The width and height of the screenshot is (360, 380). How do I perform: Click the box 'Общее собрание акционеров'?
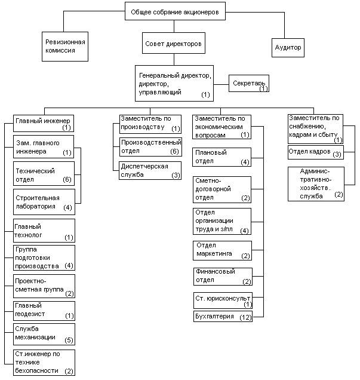175,11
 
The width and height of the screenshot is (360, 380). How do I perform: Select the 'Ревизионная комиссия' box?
66,47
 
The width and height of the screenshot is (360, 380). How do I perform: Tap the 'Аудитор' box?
288,47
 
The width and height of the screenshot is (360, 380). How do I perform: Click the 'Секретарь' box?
250,84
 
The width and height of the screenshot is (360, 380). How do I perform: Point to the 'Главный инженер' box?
44,122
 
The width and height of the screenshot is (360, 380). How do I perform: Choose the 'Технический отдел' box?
44,174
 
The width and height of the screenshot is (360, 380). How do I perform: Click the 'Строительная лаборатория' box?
44,202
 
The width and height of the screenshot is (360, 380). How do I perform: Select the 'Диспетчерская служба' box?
150,170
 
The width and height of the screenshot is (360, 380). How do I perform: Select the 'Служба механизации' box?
44,334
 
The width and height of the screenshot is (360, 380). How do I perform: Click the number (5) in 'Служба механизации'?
68,341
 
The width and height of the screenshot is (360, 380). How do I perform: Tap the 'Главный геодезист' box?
44,310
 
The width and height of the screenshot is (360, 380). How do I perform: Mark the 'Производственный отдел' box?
150,147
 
